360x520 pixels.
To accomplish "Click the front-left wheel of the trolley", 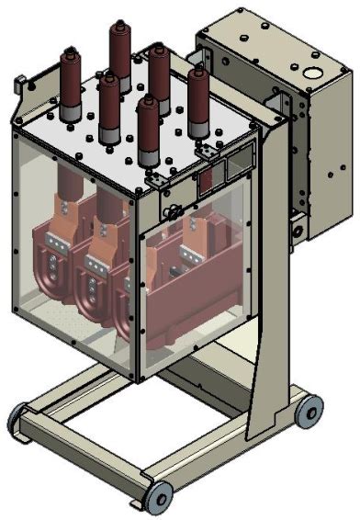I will (18, 419).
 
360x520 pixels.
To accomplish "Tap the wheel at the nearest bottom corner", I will (158, 496).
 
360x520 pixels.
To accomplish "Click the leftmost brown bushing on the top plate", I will (70, 83).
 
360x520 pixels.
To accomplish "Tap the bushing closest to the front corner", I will (148, 129).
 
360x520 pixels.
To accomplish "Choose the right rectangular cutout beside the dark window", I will (236, 167).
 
